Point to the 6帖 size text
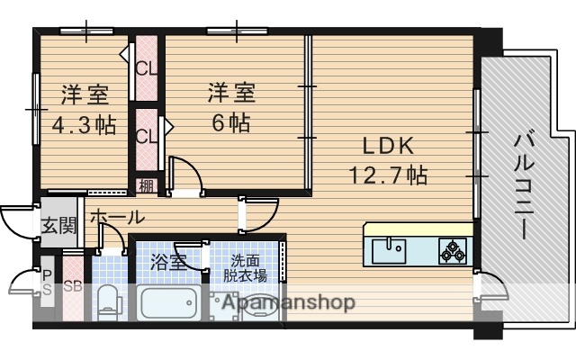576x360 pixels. point(231,121)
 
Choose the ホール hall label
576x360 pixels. point(116,217)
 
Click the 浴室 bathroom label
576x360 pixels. point(167,263)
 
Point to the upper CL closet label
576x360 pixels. point(145,67)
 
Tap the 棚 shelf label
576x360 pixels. point(145,186)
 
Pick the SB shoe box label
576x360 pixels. point(73,288)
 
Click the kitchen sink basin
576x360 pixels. point(390,247)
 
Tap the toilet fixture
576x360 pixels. point(108,300)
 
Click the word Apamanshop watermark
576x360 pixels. point(284,301)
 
